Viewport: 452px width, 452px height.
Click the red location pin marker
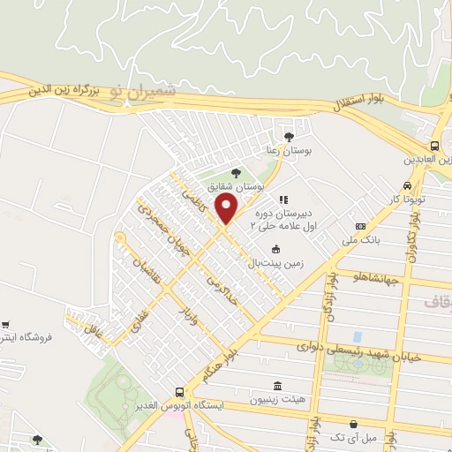pos(227,208)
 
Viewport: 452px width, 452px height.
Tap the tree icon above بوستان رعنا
pos(289,135)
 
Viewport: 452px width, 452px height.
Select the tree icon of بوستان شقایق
pos(235,173)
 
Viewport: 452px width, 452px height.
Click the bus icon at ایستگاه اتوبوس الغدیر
pos(179,391)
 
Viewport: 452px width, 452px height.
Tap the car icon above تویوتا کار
pos(405,186)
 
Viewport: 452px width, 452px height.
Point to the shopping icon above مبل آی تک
pos(353,424)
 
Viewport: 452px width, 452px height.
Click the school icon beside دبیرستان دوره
pos(283,200)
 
